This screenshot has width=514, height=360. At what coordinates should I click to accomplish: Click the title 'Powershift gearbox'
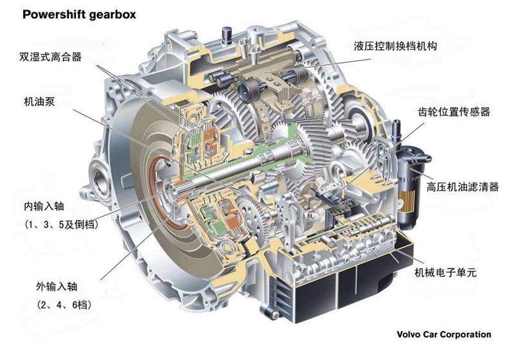coord(79,15)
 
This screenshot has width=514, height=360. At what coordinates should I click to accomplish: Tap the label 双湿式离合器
coord(50,57)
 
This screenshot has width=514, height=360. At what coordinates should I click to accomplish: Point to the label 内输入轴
coord(44,206)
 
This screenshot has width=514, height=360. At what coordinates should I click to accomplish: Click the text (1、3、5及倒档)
coord(61,225)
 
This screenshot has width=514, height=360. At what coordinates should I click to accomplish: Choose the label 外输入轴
coord(57,287)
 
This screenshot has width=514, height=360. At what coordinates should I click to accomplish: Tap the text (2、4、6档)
coord(64,305)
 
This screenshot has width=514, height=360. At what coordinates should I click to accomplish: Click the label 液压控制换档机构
coord(395,46)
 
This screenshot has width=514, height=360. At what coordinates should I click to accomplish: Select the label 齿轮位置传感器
coord(454,112)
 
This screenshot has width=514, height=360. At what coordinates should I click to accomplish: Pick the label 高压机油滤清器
coord(463,187)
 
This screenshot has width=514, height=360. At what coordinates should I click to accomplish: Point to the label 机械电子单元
coord(445,272)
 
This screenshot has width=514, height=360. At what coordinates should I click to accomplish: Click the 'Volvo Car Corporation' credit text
coord(444,334)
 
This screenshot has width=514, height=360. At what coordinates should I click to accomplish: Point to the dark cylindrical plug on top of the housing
coord(227,35)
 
